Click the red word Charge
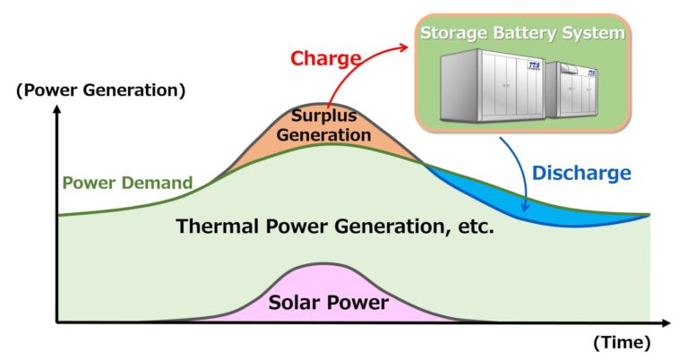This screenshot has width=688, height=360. point(325,58)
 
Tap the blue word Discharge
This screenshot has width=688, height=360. point(581,173)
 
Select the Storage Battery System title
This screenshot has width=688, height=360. point(522,33)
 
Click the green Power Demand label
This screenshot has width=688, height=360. point(127,183)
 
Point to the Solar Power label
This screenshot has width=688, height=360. point(328,303)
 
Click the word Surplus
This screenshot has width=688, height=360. point(323,116)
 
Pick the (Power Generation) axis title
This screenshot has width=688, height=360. point(101,90)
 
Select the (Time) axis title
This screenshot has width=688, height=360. point(622,342)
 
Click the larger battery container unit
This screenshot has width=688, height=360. point(493,85)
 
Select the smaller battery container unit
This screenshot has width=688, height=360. point(572,90)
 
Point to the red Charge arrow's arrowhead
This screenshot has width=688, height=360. point(403,47)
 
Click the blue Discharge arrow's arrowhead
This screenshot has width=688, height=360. point(524,206)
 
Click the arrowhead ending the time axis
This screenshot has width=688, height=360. point(666,323)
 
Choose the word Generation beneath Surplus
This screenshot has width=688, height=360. point(323,134)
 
